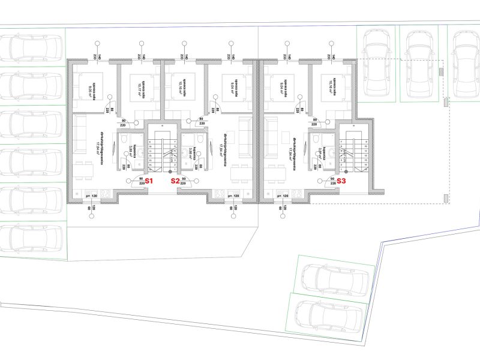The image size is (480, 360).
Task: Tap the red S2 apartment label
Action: [175, 180]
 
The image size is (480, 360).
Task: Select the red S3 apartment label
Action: [341, 180]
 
